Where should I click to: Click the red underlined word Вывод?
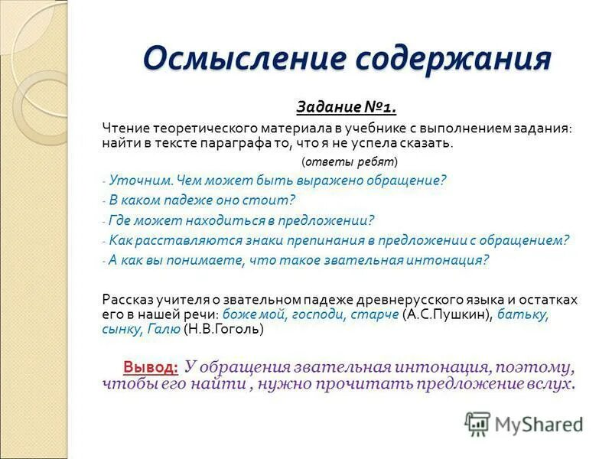[x=151, y=366]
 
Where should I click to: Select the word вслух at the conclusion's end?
[x=551, y=383]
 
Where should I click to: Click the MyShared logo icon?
[x=477, y=423]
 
